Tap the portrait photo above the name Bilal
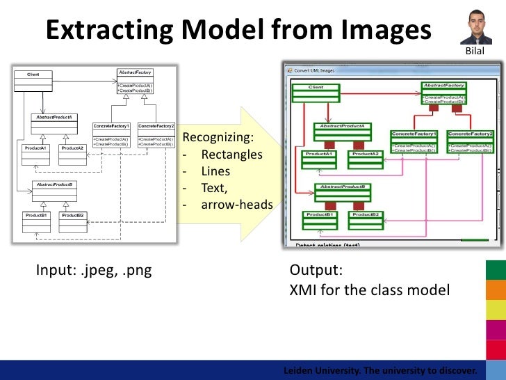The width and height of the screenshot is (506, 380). coord(475,28)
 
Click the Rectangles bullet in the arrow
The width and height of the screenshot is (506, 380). coord(231,155)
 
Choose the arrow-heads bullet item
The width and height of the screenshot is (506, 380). coord(236,205)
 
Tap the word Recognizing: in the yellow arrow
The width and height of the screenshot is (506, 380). coord(218,137)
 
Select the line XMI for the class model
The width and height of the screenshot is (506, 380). coord(369,290)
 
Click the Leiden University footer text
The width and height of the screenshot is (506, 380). coord(381,370)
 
